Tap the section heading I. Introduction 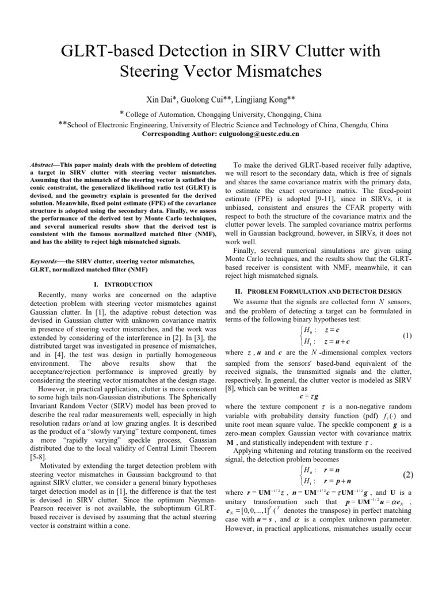[x=123, y=284]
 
